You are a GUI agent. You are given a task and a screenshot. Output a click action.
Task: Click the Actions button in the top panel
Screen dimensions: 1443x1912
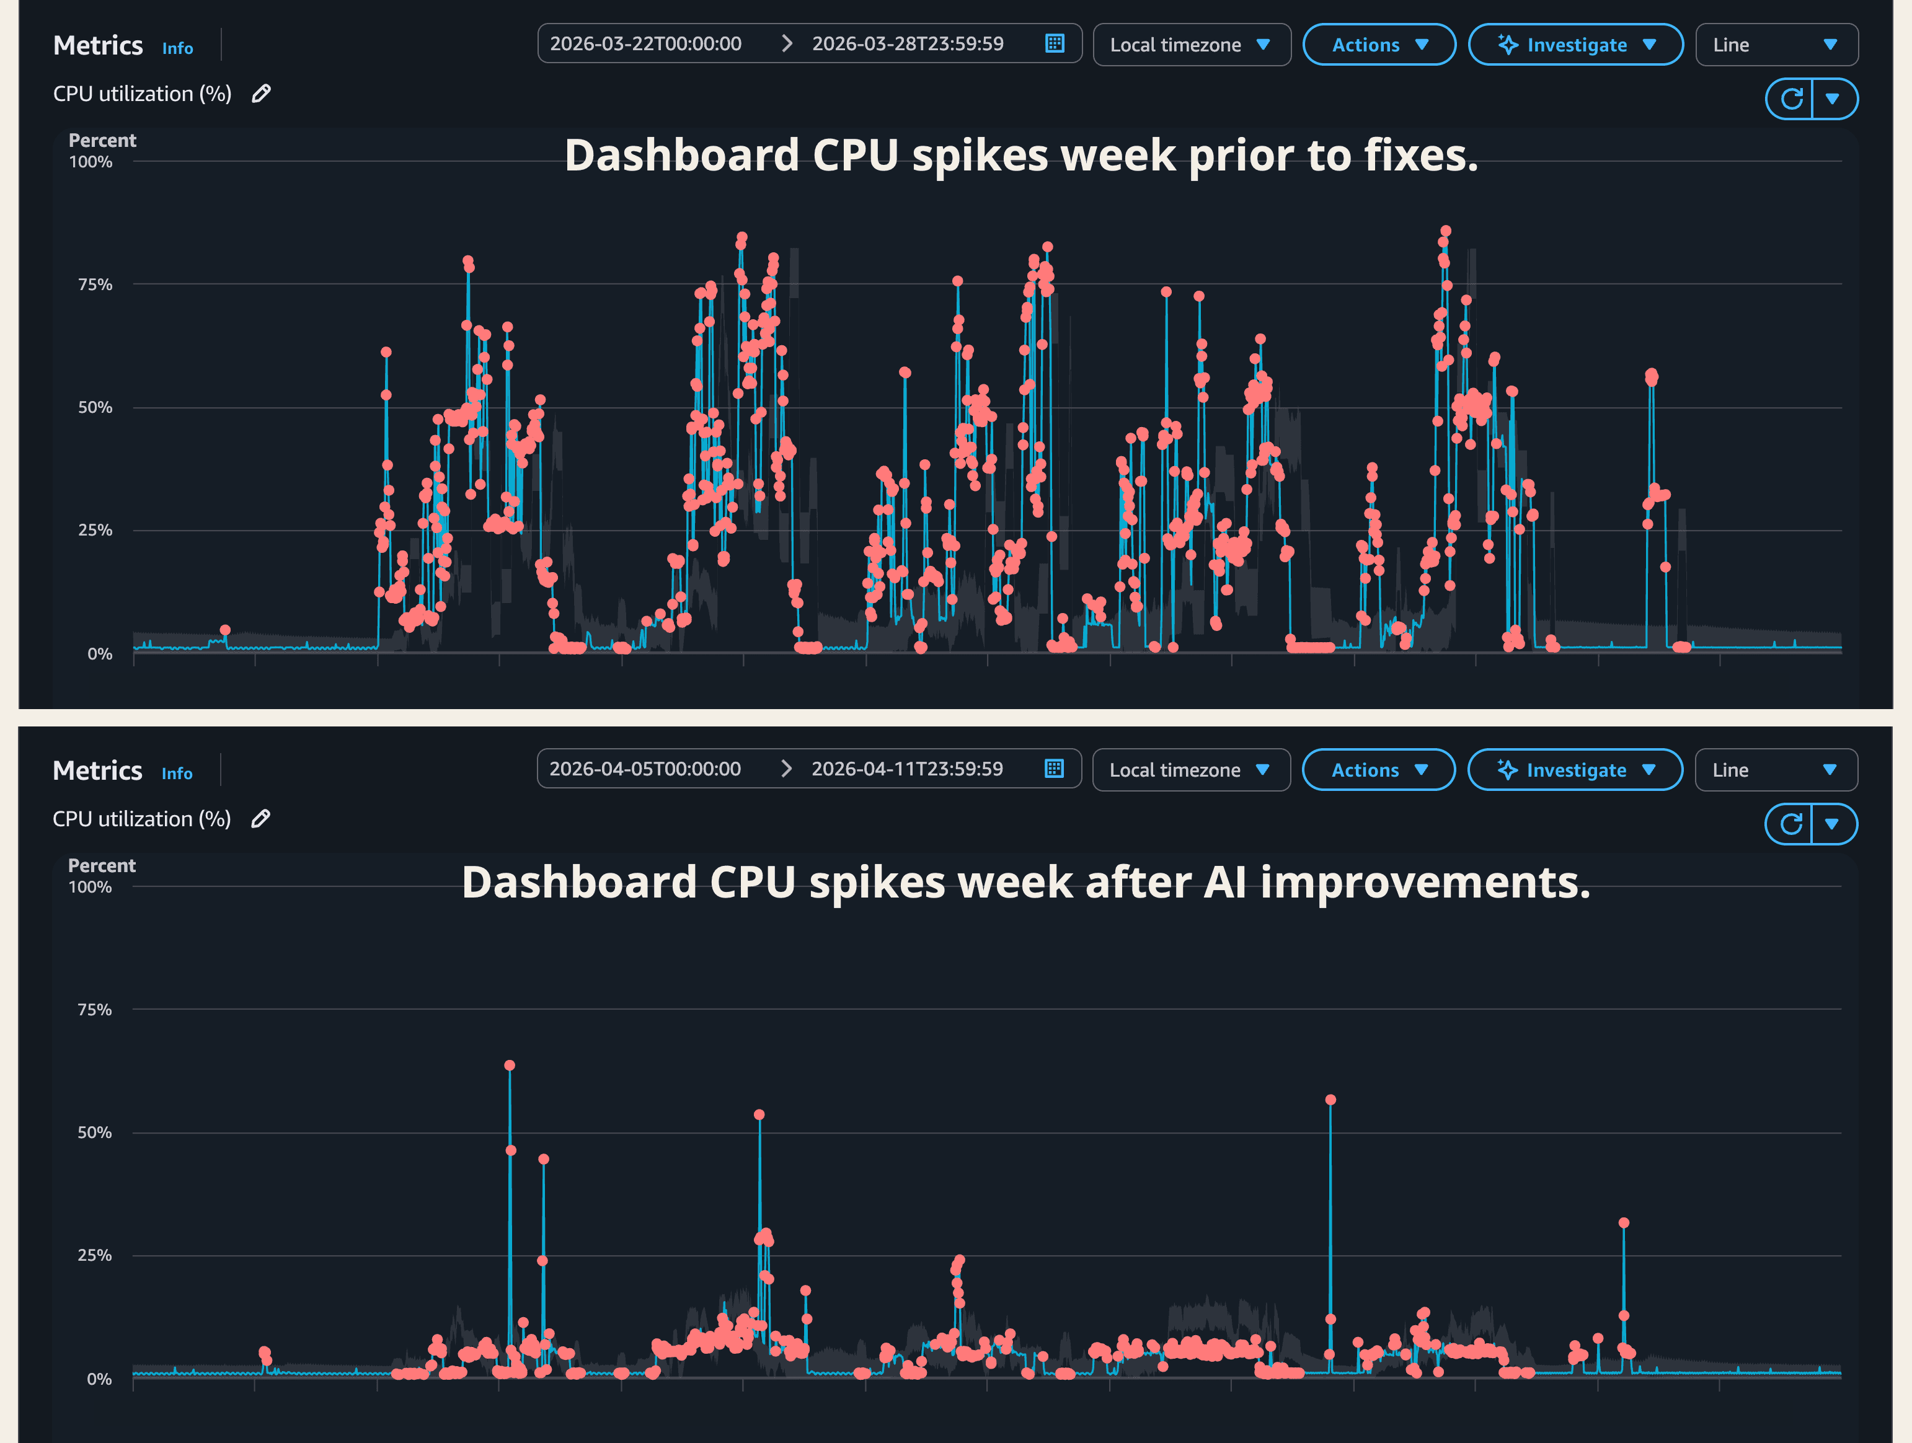pos(1378,45)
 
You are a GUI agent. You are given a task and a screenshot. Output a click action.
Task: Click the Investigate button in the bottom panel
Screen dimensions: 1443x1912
pos(1574,770)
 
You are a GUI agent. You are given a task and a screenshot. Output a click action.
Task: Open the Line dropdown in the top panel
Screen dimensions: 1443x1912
pos(1776,45)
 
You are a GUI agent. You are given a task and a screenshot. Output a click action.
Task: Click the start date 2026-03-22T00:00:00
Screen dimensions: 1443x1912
pos(645,44)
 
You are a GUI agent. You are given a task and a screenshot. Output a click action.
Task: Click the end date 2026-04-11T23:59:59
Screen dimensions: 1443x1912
pos(907,769)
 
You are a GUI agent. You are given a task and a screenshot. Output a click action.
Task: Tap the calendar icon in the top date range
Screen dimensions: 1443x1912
pos(1054,44)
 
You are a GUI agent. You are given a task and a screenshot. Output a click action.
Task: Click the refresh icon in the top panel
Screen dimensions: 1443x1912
pos(1791,99)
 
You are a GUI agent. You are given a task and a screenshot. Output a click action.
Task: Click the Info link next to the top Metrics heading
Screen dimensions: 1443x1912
pos(177,48)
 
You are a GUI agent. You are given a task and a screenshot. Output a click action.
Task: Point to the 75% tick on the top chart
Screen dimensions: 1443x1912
pos(95,285)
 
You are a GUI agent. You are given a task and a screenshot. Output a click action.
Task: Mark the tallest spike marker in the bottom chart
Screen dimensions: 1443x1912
pos(509,1066)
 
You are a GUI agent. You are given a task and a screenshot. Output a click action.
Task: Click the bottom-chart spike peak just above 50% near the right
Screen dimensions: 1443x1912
pos(1330,1100)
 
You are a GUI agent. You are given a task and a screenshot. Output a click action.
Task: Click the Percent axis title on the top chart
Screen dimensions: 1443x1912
pos(102,140)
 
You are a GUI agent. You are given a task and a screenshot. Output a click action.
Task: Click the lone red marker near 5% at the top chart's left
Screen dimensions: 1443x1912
pos(224,630)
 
